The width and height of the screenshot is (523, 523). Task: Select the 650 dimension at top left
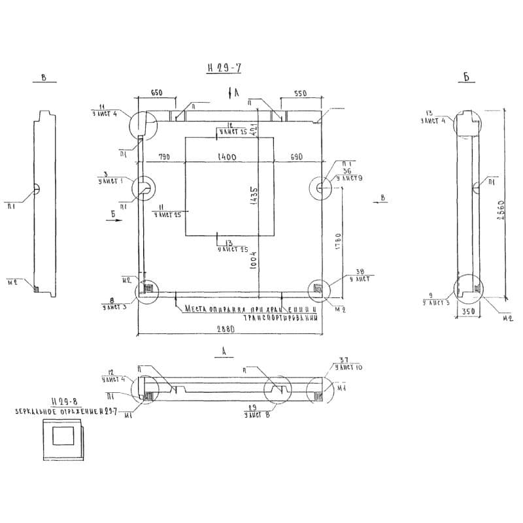[x=157, y=93]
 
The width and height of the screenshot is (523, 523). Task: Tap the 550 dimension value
[x=299, y=94]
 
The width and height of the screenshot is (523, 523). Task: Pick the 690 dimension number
[x=297, y=157]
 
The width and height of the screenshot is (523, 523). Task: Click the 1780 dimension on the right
[x=337, y=241]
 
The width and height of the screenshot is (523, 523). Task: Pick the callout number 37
[x=345, y=360]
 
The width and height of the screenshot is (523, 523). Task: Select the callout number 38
[x=359, y=271]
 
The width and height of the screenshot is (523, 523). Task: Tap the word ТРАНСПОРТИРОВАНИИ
[x=282, y=318]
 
